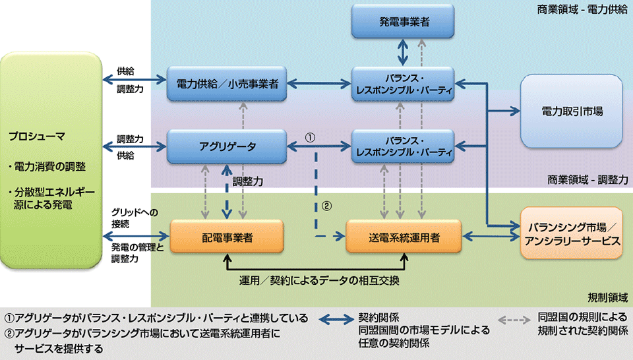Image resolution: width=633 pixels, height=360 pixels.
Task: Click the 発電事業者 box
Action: [404, 22]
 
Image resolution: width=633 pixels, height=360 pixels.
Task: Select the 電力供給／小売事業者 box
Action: [227, 84]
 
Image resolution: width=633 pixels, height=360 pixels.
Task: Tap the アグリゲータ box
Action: [227, 146]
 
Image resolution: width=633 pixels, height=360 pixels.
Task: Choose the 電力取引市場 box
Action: [572, 111]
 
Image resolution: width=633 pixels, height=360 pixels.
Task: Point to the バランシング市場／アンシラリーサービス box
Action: [571, 234]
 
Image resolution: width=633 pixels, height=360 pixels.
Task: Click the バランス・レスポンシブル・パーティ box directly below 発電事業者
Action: [404, 84]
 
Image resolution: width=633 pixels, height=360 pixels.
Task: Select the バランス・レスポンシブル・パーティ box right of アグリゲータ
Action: [404, 146]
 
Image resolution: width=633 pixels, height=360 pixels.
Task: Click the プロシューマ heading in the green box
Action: [36, 136]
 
